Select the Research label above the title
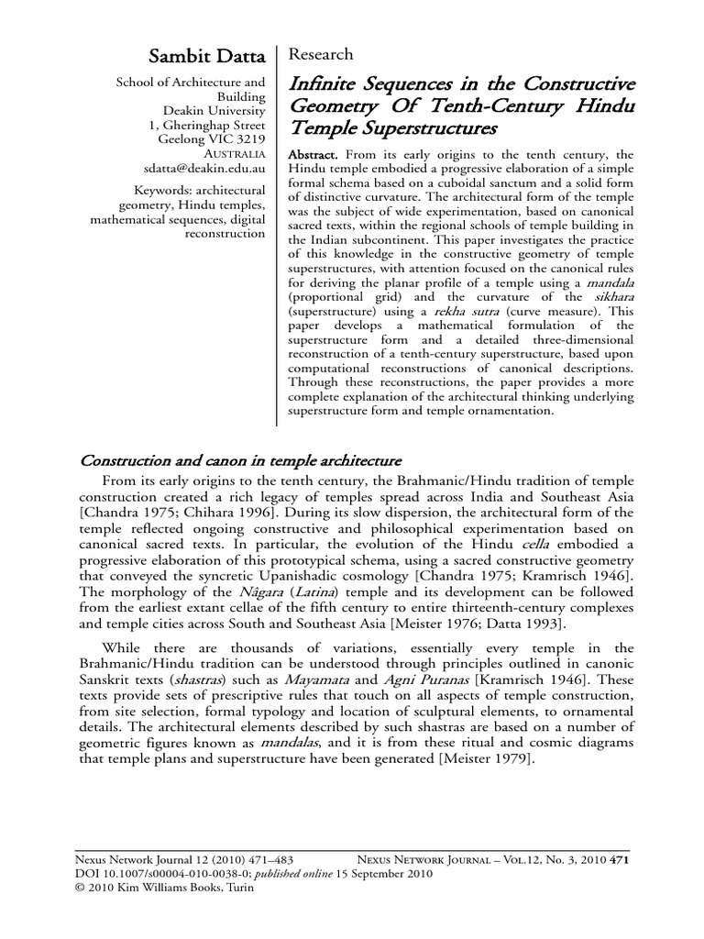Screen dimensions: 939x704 pyautogui.click(x=321, y=54)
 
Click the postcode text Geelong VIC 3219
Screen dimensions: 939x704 pyautogui.click(x=212, y=139)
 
